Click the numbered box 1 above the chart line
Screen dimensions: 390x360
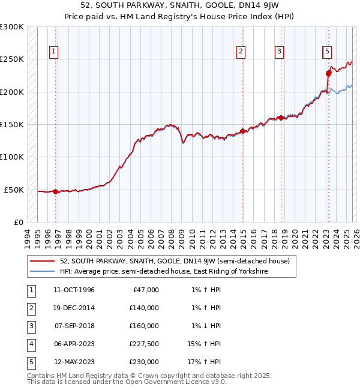pos(54,52)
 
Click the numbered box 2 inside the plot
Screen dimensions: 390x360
pos(240,52)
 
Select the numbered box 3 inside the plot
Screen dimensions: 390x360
pos(279,52)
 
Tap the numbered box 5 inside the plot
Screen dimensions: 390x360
pos(327,52)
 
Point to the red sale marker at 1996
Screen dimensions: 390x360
pos(56,192)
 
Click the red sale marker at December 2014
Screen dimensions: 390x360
pos(242,131)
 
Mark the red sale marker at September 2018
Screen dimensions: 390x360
pos(281,118)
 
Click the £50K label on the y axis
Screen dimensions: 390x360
pos(14,190)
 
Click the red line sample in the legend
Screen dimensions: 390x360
pos(43,262)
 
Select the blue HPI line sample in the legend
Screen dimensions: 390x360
pos(43,272)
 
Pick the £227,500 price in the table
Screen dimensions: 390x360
pos(143,344)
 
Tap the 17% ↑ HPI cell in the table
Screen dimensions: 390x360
pos(206,362)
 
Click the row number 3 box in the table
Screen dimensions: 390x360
pos(31,326)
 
